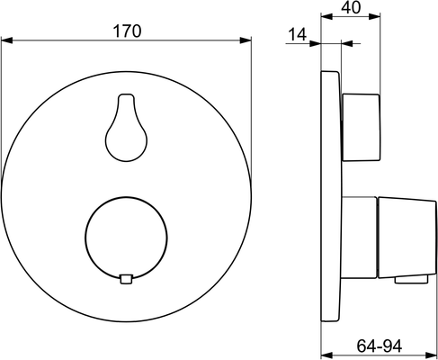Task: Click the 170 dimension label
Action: [127, 31]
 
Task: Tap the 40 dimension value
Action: [351, 7]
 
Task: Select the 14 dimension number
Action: [298, 34]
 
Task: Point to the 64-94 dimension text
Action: [380, 346]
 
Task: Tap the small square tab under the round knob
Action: [126, 279]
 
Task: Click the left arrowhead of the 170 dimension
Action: [6, 40]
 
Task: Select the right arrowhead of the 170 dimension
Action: [246, 40]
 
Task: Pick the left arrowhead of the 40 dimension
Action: [326, 16]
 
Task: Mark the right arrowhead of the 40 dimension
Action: [374, 16]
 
